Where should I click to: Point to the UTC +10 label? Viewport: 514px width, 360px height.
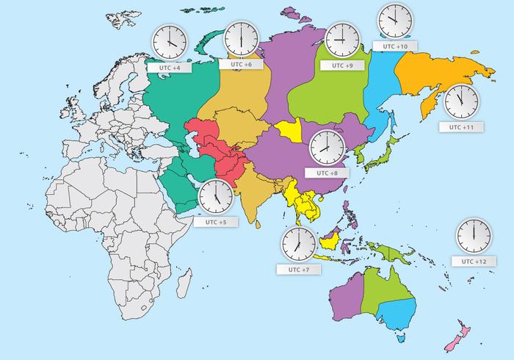coord(395,46)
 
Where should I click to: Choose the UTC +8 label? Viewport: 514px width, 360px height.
coord(327,173)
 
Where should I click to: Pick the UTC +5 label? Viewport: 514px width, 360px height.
coord(211,221)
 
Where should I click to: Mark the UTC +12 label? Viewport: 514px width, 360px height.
coord(474,261)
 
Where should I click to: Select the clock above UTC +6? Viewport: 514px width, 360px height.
coord(242,38)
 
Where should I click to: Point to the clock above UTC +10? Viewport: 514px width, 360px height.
coord(394,20)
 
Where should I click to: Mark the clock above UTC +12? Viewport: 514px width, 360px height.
coord(473,235)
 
